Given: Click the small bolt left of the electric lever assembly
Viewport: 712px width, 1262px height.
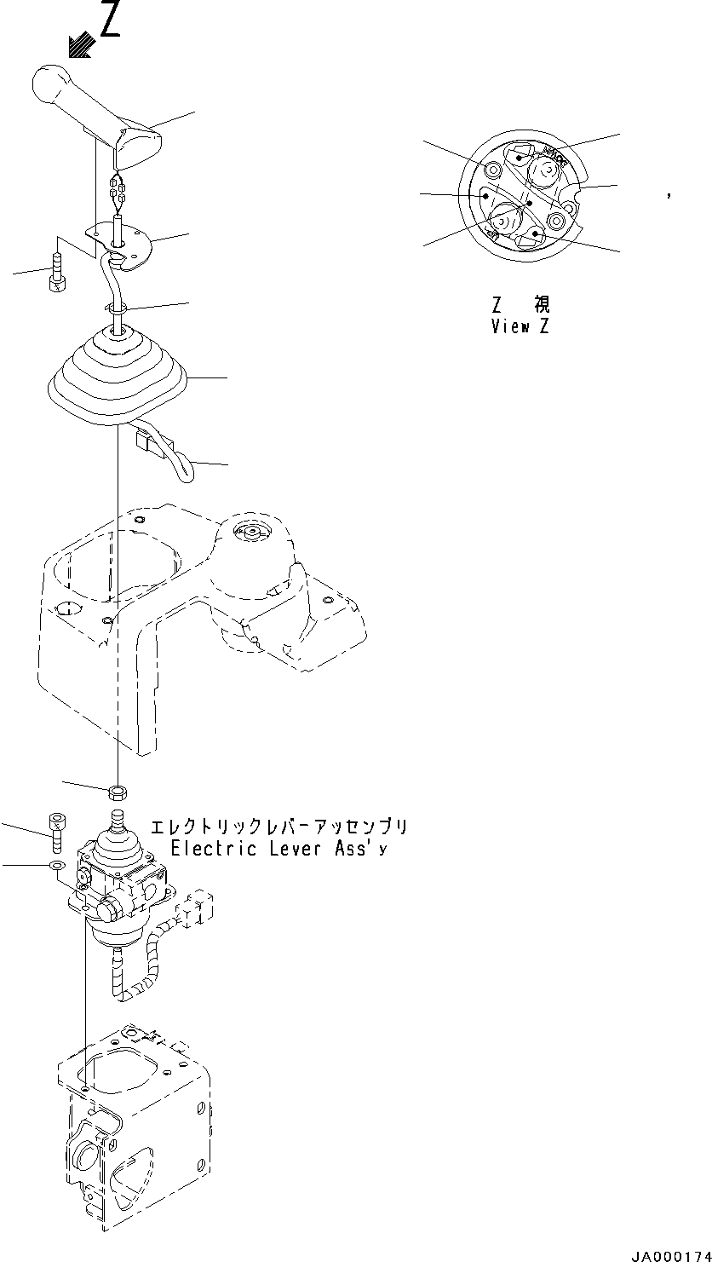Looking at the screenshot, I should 57,830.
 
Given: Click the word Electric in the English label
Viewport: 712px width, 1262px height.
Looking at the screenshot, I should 211,849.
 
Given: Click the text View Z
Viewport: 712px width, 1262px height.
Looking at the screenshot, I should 520,326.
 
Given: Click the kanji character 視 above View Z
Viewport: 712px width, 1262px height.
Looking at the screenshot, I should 542,305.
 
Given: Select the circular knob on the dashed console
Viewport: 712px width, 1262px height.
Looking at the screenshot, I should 252,533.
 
